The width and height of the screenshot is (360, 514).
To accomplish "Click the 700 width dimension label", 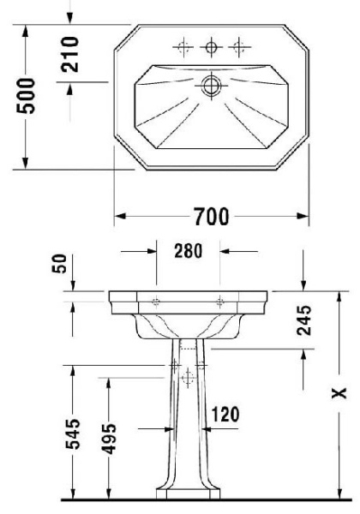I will pyautogui.click(x=210, y=217).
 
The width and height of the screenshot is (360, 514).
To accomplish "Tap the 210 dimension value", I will pyautogui.click(x=72, y=54).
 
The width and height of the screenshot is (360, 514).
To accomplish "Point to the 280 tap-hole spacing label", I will pyautogui.click(x=188, y=251).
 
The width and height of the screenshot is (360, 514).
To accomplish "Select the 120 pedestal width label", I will pyautogui.click(x=224, y=415).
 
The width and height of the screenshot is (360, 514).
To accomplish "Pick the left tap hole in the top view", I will pyautogui.click(x=182, y=48).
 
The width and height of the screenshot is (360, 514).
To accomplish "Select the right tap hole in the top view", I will pyautogui.click(x=241, y=48).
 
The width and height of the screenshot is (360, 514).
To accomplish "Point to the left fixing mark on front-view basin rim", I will pyautogui.click(x=156, y=301).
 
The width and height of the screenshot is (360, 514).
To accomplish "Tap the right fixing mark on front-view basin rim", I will pyautogui.click(x=221, y=301).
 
